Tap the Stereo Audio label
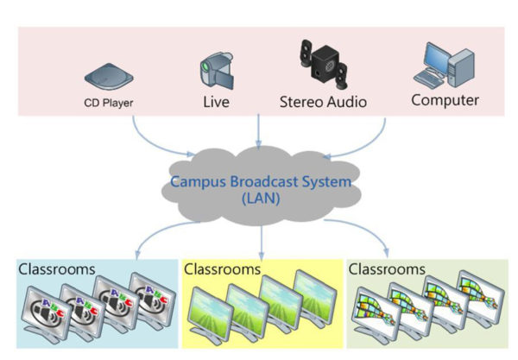pos(322,102)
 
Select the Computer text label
pos(445,100)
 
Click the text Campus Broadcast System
pos(261,181)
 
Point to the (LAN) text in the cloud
pos(260,199)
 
